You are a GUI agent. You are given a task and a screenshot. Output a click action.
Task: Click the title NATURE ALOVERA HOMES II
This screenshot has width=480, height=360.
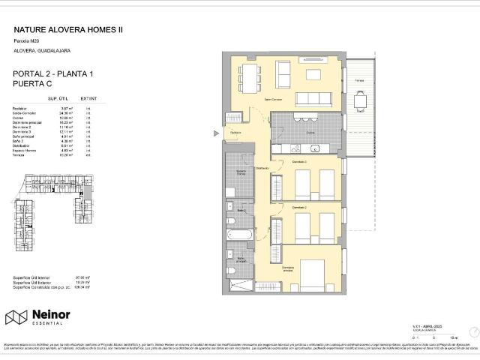[x=68, y=31]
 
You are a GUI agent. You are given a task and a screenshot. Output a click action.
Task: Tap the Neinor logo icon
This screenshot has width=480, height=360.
[x=16, y=317]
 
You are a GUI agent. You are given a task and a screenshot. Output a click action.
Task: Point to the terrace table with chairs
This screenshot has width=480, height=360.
[x=361, y=98]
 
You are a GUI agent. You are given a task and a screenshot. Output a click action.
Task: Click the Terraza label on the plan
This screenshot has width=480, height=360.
[x=360, y=79]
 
